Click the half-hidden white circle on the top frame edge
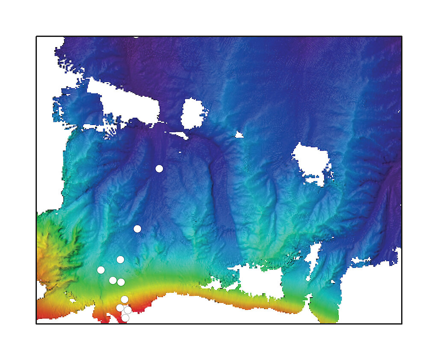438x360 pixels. click(136, 36)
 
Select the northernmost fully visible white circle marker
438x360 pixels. click(159, 169)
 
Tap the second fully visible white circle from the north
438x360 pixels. click(137, 229)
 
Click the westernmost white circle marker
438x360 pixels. click(101, 270)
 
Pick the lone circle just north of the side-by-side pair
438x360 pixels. click(120, 259)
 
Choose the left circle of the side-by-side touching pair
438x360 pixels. click(113, 280)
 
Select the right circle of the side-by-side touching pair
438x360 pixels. click(121, 282)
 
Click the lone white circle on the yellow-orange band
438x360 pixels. click(124, 299)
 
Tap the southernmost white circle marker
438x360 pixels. click(125, 318)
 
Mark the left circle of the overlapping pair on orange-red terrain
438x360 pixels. click(120, 308)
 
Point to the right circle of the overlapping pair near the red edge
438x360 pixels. click(127, 310)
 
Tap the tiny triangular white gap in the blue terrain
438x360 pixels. click(239, 135)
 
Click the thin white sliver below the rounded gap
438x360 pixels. click(180, 135)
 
